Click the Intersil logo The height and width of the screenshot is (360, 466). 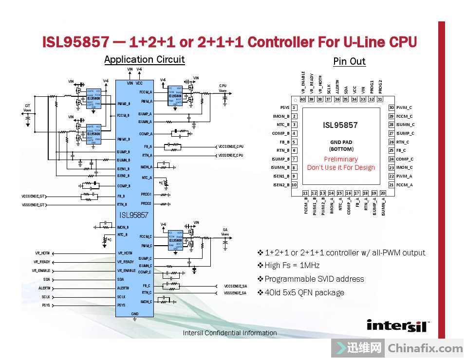[x=398, y=325]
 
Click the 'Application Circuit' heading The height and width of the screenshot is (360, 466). [x=144, y=59]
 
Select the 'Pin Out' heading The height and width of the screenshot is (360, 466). [x=349, y=61]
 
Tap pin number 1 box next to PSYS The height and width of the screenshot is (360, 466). [x=294, y=108]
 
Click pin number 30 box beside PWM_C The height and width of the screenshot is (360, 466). [x=391, y=108]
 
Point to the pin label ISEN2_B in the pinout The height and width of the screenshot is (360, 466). [x=281, y=185]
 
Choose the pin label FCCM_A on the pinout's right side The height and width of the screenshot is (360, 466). [x=404, y=185]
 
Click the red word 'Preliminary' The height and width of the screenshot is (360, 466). [x=341, y=159]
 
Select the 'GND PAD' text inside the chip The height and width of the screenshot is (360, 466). [x=341, y=142]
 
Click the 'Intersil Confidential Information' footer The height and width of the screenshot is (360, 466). [x=230, y=333]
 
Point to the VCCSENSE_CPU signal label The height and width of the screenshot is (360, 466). [x=231, y=146]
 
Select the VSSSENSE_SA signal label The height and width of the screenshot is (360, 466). [x=235, y=293]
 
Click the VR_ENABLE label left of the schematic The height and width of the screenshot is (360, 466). [x=41, y=270]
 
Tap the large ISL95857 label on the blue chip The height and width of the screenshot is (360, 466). [x=134, y=215]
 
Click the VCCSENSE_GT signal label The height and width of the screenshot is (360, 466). [x=34, y=196]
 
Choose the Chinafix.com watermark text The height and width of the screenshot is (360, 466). [x=425, y=348]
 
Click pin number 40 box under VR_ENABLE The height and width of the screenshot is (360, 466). [x=303, y=99]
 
